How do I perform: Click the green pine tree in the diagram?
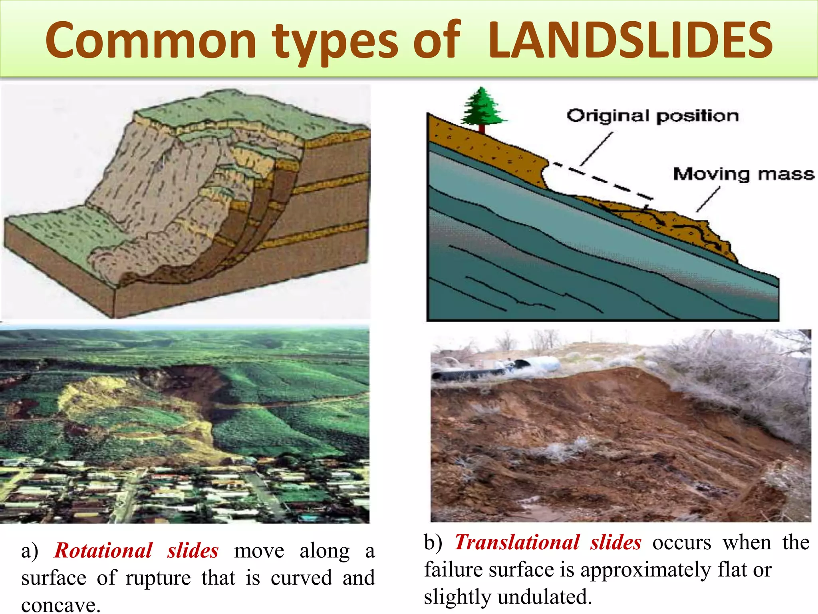tap(482, 107)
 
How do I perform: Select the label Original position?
tap(653, 116)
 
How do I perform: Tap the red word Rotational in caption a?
tap(103, 550)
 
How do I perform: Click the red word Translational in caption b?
tap(517, 542)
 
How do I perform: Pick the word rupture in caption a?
tap(158, 578)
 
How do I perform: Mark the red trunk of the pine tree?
tap(482, 129)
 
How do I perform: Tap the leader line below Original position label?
tap(596, 149)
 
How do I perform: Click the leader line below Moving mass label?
tap(708, 199)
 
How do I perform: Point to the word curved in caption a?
tap(301, 578)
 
